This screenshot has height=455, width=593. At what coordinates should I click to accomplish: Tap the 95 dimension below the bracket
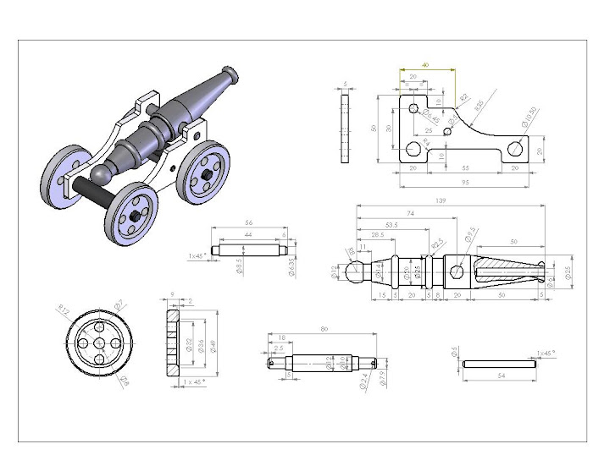pos(466,181)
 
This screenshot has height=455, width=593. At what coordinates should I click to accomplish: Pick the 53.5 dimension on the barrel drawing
pos(391,225)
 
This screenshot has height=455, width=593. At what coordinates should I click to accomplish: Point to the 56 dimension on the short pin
pos(248,223)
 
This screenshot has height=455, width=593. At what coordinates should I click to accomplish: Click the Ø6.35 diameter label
pos(291,266)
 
